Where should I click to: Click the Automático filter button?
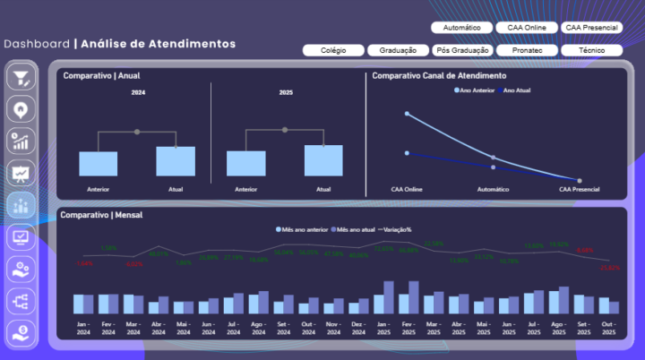(462, 28)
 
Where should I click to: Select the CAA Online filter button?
(527, 28)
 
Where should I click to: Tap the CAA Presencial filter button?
(591, 28)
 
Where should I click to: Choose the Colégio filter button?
(333, 50)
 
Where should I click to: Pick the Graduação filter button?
(398, 50)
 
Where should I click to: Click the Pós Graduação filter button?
(462, 50)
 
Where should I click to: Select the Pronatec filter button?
(527, 50)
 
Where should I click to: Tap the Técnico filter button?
(591, 50)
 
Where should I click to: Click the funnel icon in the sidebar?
(21, 78)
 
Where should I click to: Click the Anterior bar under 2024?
(98, 164)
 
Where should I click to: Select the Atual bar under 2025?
(322, 160)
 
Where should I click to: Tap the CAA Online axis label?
(407, 190)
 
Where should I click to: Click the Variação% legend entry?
(395, 229)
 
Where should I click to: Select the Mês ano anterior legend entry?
(302, 229)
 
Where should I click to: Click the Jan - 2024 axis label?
(83, 328)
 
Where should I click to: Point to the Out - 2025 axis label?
(609, 328)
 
